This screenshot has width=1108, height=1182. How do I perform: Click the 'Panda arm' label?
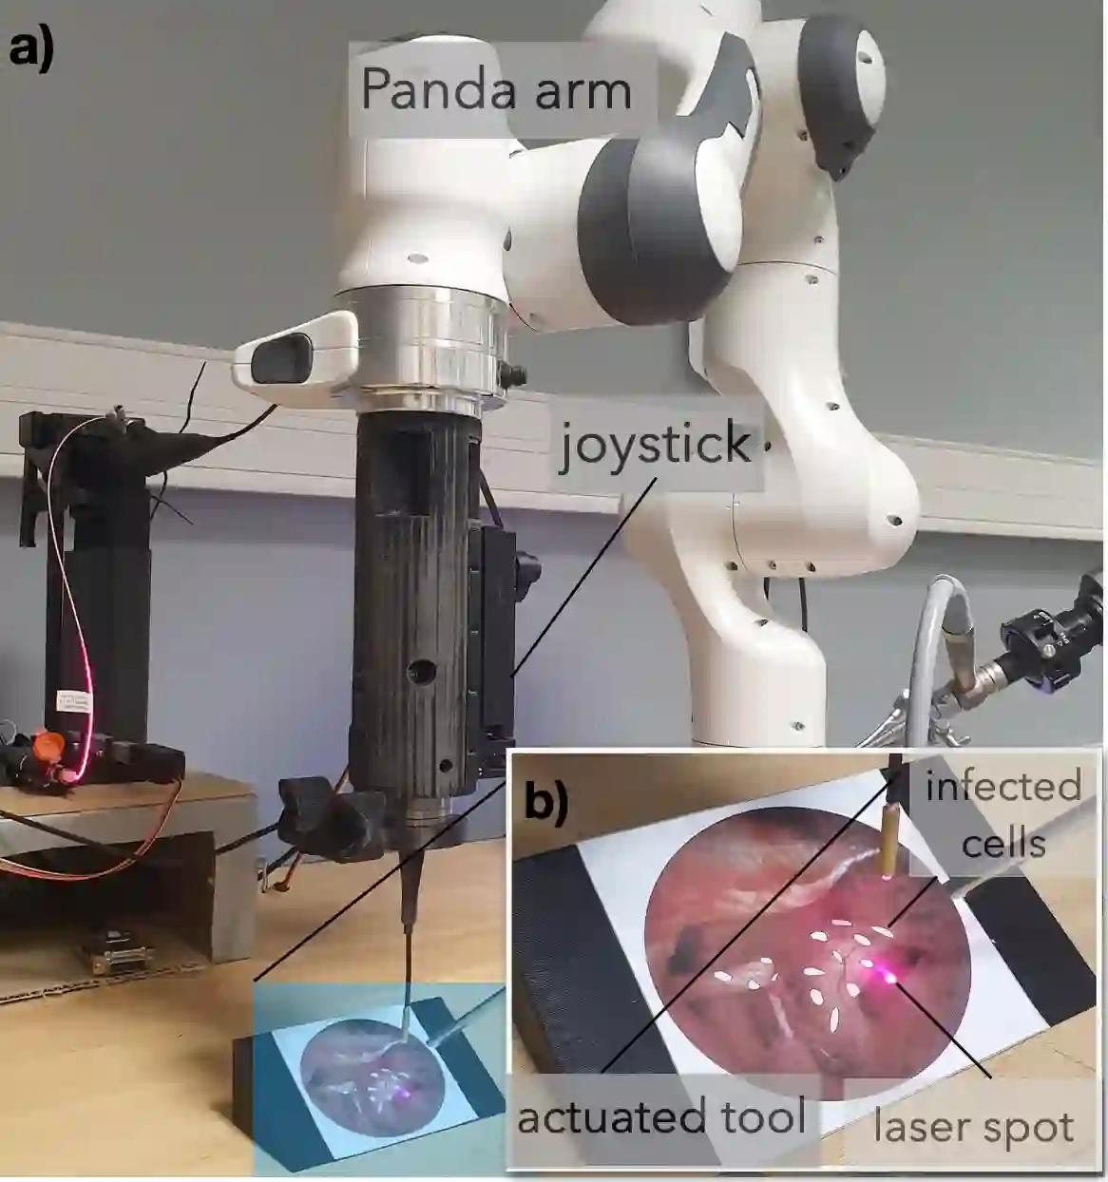point(496,90)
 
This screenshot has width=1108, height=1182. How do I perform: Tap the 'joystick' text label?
point(656,443)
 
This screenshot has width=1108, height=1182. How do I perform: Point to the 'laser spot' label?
point(973,1127)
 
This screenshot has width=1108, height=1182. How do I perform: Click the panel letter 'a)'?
point(31,48)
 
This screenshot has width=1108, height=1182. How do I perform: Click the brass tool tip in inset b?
point(888,841)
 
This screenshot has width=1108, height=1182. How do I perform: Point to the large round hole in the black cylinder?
point(420,672)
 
